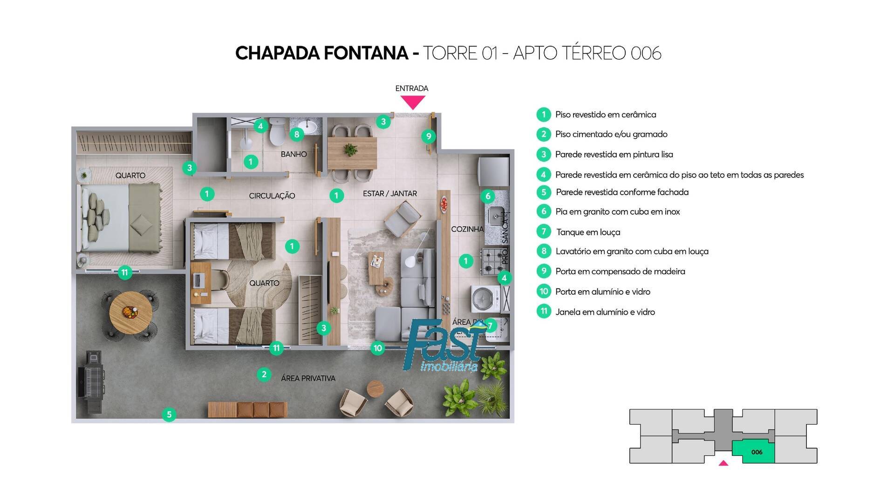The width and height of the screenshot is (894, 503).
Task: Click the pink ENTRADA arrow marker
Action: pos(413,102)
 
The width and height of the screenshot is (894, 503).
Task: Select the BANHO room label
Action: pos(293,154)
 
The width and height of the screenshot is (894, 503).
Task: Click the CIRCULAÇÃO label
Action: pos(272,196)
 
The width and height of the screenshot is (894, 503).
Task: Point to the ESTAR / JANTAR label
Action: pos(390,194)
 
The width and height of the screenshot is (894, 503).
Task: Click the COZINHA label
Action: pos(467,229)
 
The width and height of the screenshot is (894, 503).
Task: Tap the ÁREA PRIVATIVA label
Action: pos(308,379)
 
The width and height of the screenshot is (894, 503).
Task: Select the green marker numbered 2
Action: pos(264,374)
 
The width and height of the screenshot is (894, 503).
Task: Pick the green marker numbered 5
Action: pos(169,415)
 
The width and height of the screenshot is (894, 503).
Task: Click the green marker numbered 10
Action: pos(378,348)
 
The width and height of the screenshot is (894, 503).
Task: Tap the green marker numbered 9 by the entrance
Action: pos(429,136)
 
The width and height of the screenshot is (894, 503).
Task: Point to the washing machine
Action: pos(485,298)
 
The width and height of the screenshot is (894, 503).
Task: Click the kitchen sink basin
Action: pos(495,216)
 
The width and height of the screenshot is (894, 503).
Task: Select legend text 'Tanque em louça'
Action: pos(588,232)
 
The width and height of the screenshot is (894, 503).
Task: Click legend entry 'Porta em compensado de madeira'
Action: pos(620,272)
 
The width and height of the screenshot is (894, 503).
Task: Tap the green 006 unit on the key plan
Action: pos(756,452)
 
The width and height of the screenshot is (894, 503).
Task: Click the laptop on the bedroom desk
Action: pos(197,280)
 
